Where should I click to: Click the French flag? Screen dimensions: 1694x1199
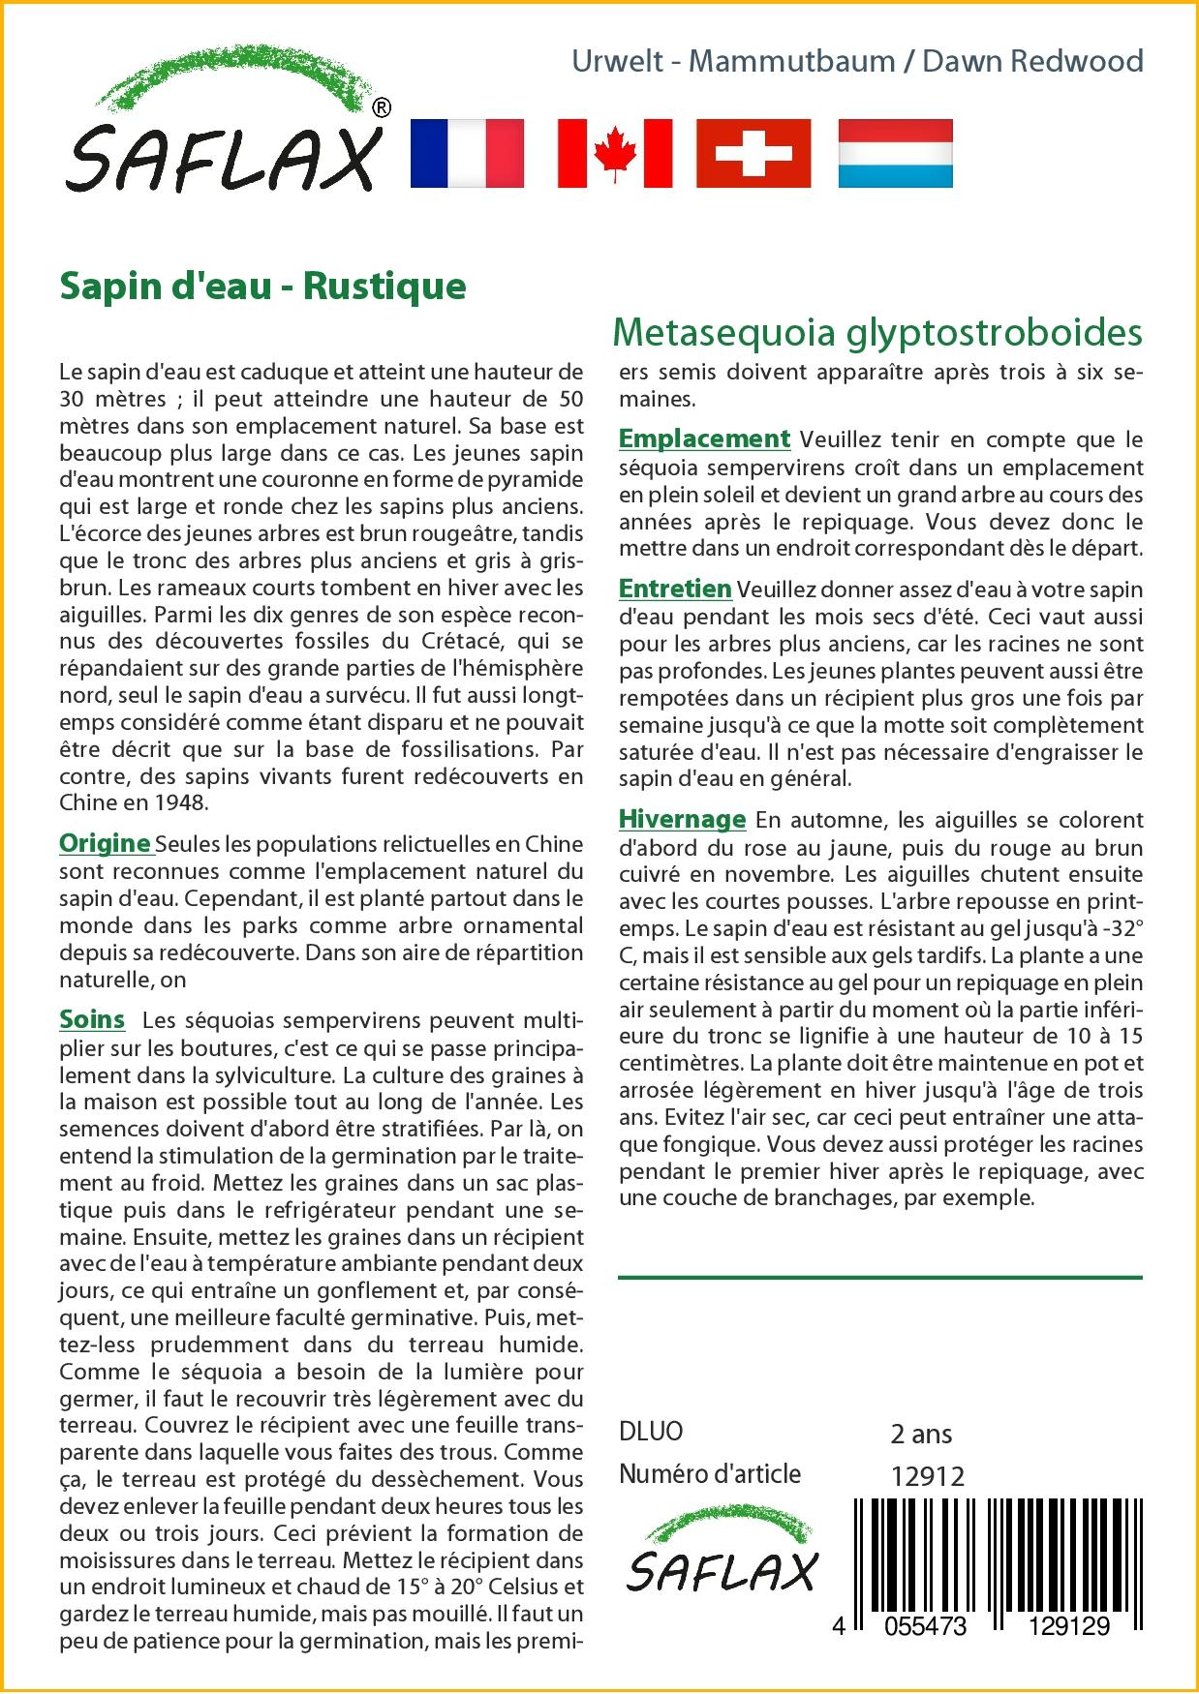coord(467,153)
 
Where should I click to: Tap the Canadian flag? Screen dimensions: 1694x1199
coord(614,153)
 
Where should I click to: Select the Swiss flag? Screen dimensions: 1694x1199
coord(754,153)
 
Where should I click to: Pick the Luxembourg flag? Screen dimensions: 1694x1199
coord(895,153)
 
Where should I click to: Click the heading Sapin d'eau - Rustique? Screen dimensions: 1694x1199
coord(262,286)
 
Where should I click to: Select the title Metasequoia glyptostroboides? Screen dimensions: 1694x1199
coord(877,332)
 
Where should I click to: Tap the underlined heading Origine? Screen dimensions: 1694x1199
coord(106,843)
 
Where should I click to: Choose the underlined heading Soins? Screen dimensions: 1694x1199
coord(92,1019)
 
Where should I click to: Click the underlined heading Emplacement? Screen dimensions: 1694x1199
coord(704,439)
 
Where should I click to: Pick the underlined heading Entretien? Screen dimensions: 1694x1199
coord(675,589)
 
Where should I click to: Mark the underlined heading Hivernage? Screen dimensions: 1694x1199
coord(682,820)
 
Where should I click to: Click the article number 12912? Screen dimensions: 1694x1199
coord(927,1475)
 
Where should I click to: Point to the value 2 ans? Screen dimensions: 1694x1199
coord(920,1434)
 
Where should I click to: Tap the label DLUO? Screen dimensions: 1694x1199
coord(651,1432)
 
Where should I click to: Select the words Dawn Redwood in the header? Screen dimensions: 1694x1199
coord(1032,61)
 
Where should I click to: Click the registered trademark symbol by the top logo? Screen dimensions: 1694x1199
coord(382,107)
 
